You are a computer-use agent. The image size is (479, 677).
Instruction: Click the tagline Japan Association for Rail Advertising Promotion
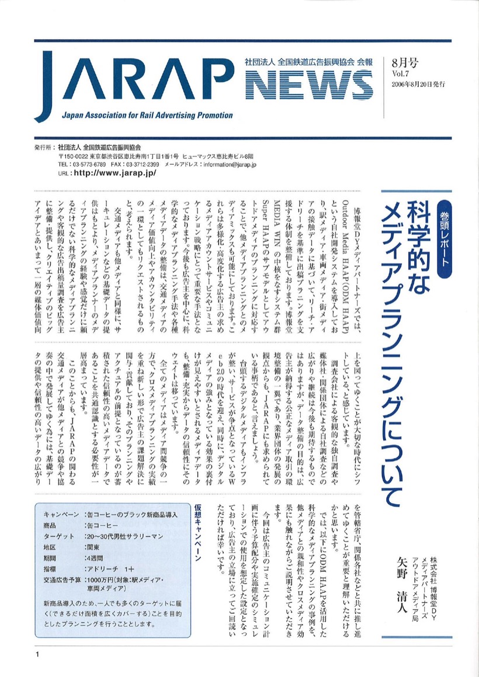pos(147,115)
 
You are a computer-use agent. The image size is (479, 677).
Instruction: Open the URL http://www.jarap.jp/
pos(114,173)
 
